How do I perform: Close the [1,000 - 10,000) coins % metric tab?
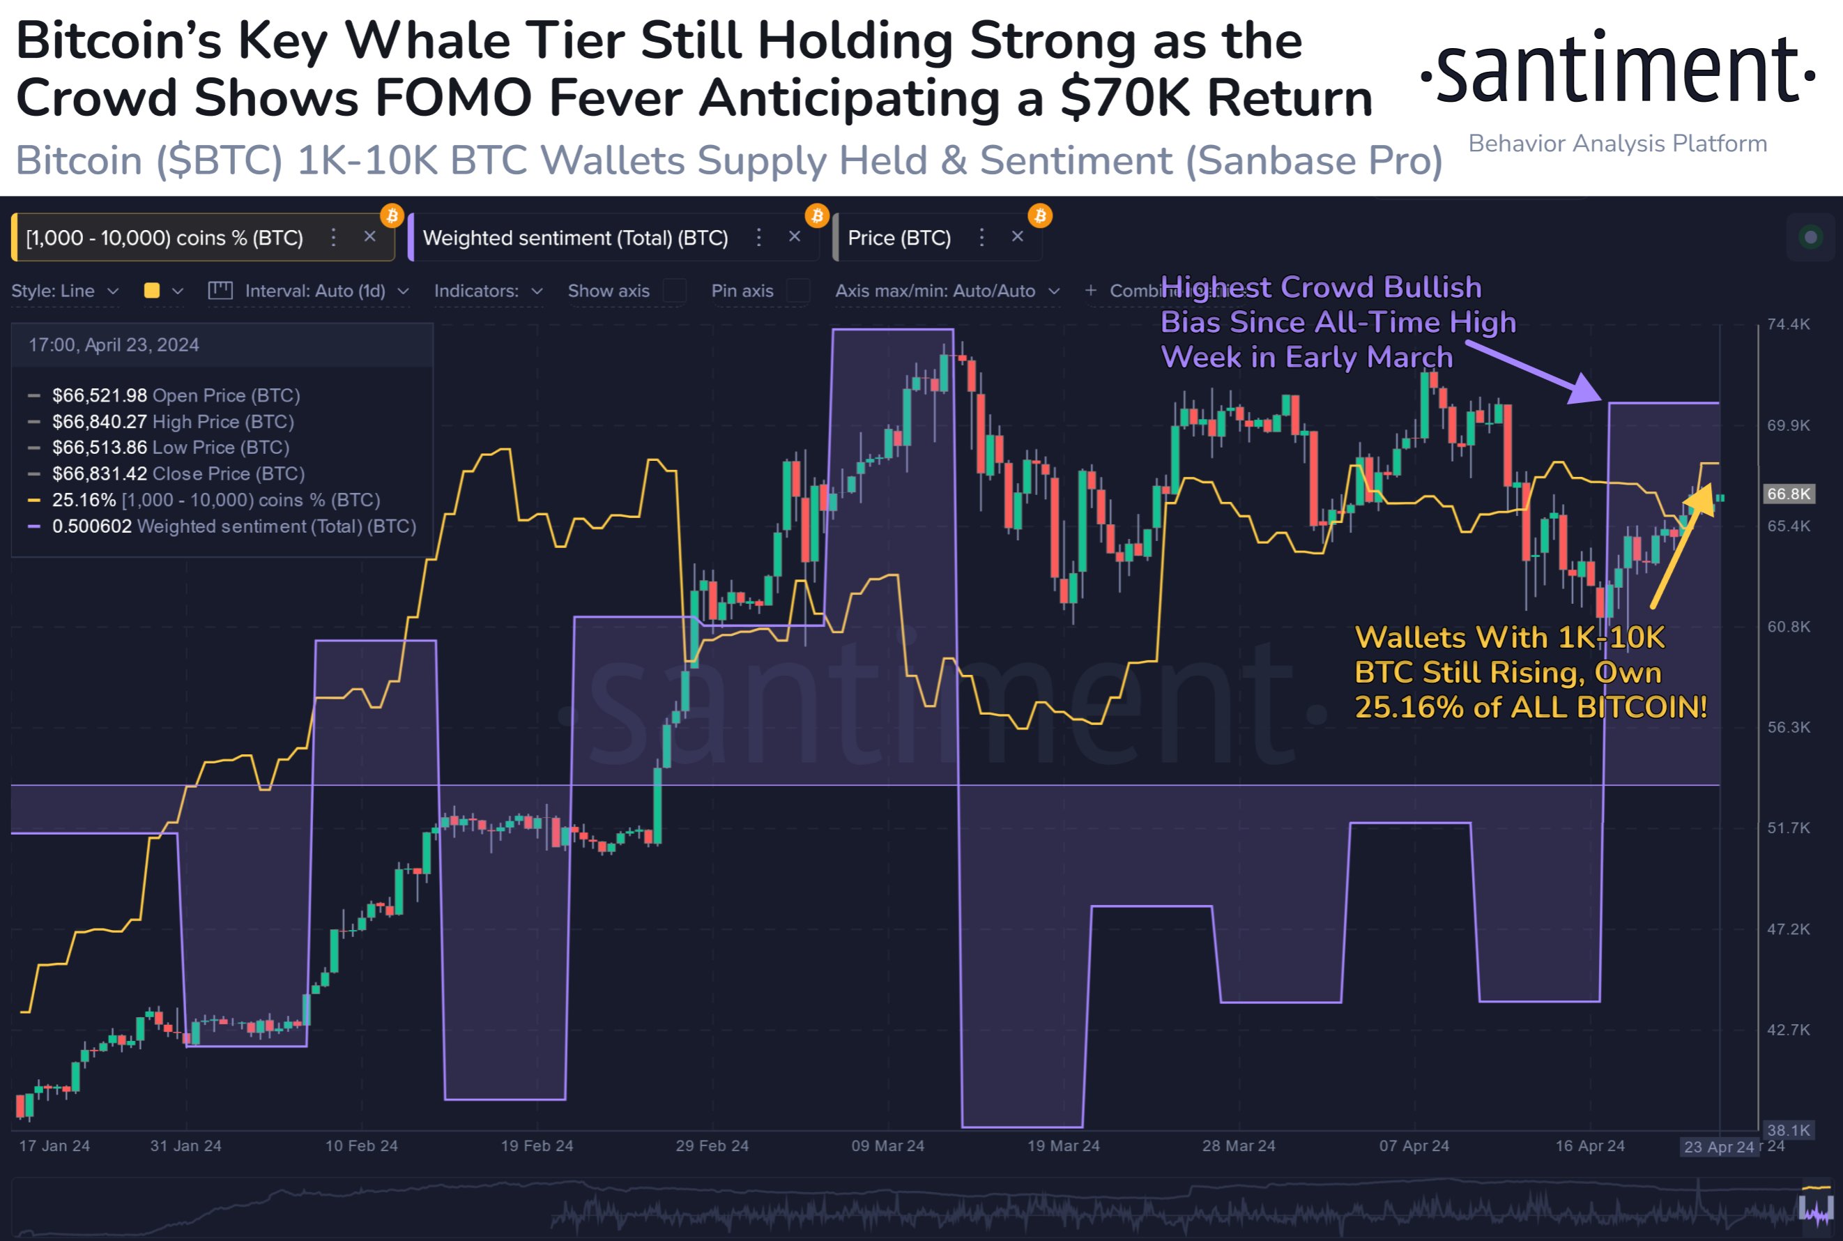pos(369,236)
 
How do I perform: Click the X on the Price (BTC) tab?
pos(1018,236)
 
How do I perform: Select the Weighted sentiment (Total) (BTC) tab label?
pos(575,238)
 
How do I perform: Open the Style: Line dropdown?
pos(65,291)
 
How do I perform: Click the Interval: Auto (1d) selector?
pos(315,291)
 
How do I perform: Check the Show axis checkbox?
pos(674,291)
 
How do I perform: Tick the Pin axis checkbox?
pos(798,291)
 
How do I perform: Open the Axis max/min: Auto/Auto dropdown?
pos(947,291)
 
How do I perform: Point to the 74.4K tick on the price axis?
pos(1789,324)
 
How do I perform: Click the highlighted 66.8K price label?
pos(1789,494)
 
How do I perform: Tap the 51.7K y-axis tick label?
pos(1789,828)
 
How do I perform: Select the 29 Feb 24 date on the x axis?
pos(712,1146)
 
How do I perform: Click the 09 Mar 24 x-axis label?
pos(887,1146)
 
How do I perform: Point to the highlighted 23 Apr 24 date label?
pos(1719,1147)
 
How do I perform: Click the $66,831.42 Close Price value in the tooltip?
pos(100,474)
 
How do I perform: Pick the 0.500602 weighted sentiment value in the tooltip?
pos(92,526)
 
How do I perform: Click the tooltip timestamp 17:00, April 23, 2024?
pos(114,345)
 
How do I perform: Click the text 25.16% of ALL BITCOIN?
pos(1531,708)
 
